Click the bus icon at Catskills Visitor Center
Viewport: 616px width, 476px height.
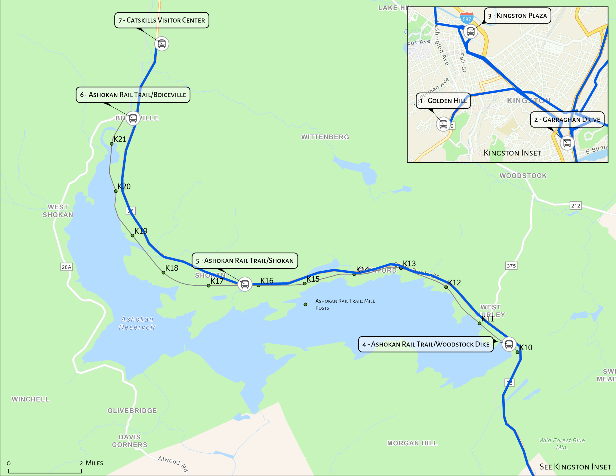coord(162,44)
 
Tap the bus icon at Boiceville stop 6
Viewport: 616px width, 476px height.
coord(133,118)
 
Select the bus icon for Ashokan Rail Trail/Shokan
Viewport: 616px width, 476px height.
coord(245,284)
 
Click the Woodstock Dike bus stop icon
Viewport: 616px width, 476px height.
coord(509,344)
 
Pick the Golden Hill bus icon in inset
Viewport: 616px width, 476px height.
coord(443,124)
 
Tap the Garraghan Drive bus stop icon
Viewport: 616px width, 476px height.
coord(567,143)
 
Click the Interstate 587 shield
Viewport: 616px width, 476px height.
coord(467,18)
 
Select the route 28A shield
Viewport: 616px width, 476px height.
coord(66,267)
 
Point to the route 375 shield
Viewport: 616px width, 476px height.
coord(511,266)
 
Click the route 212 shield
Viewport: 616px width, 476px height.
coord(576,206)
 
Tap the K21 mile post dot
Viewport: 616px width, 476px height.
coord(112,144)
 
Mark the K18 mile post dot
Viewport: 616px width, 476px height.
coord(163,273)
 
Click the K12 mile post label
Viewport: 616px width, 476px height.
coord(454,282)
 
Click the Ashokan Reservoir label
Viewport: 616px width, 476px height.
coord(137,323)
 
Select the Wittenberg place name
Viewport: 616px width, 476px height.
coord(325,137)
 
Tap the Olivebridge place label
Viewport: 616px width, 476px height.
coord(132,410)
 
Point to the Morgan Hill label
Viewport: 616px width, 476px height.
coord(412,443)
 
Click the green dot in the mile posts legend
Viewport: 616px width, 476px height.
coord(305,304)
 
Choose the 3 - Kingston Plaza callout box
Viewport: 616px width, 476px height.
coord(517,16)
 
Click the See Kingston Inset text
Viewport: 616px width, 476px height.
coord(575,467)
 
